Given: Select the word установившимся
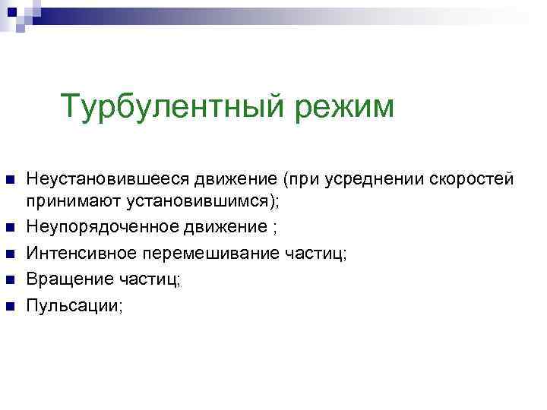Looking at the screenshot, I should point(193,201).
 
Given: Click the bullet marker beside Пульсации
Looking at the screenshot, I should point(10,307).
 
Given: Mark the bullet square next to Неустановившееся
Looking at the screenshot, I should point(10,181).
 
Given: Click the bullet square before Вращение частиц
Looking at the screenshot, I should point(10,280).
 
